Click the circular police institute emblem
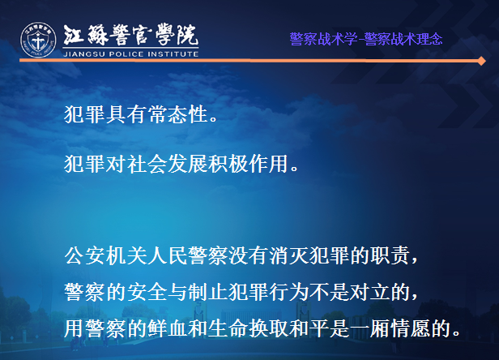click(x=38, y=40)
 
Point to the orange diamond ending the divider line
click(x=481, y=61)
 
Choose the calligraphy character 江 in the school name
click(x=74, y=35)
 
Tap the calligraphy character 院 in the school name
click(x=188, y=35)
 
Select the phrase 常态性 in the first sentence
click(x=178, y=114)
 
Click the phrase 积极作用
click(x=249, y=164)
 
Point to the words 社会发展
click(x=167, y=164)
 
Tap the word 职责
click(x=390, y=255)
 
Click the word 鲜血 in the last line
click(x=167, y=328)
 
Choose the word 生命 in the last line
click(x=228, y=328)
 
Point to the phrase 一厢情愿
click(x=390, y=328)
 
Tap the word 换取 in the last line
click(x=268, y=328)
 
